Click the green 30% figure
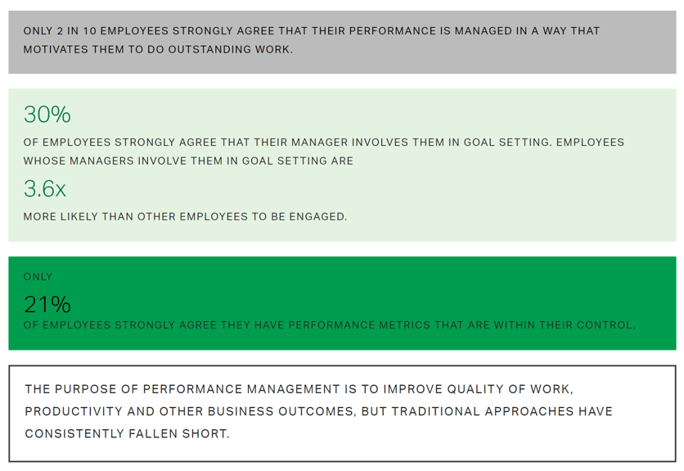click(x=47, y=115)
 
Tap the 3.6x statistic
click(x=44, y=188)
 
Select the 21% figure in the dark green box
click(x=47, y=305)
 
